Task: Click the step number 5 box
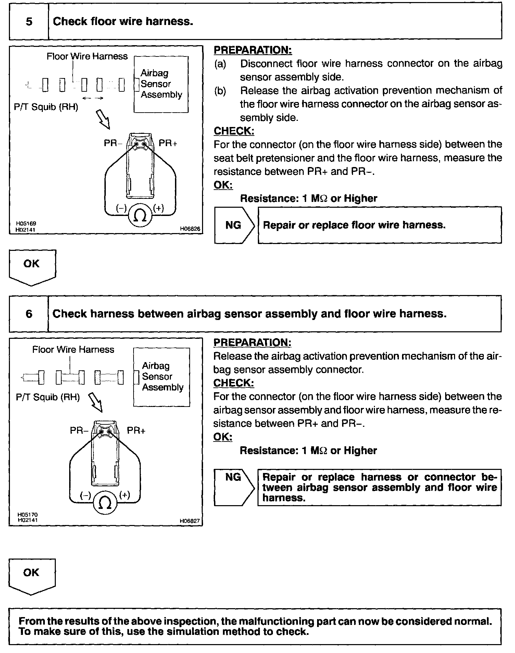[29, 22]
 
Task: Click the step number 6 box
[29, 314]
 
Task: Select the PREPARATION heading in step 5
[253, 50]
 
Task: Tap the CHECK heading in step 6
[234, 383]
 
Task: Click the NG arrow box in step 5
[234, 225]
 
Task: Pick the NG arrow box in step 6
[234, 487]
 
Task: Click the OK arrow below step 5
[32, 266]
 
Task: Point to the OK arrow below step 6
[32, 575]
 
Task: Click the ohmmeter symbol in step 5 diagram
[140, 216]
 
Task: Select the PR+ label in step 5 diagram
[168, 143]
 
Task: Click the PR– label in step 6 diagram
[79, 430]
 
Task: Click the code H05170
[28, 514]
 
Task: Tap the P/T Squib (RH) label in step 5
[46, 107]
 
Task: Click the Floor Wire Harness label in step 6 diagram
[73, 349]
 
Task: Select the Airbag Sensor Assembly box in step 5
[161, 84]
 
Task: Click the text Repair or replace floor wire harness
[354, 225]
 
